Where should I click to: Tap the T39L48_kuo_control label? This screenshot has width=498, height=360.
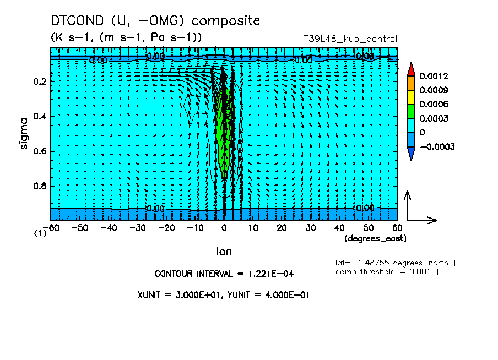(x=350, y=39)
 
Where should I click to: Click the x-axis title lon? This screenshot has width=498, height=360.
(x=224, y=252)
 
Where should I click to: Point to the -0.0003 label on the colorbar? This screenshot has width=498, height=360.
(x=437, y=147)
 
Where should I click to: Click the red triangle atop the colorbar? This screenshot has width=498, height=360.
(x=410, y=69)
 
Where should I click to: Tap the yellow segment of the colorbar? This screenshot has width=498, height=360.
(x=410, y=97)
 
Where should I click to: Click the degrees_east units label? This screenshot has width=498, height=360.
(x=375, y=238)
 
